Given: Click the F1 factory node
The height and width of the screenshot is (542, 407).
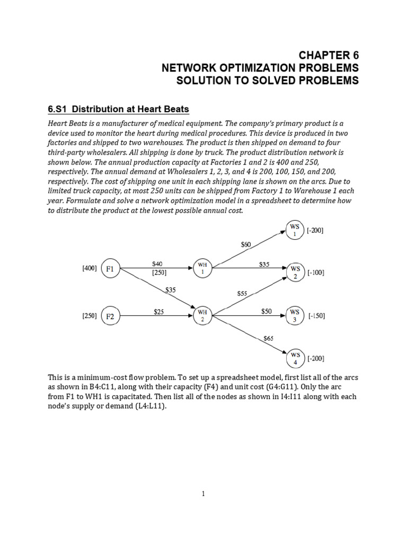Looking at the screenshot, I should tap(110, 268).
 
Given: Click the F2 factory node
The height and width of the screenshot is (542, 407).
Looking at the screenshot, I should tap(110, 316).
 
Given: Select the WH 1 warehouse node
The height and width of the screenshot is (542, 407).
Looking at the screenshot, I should tap(202, 268).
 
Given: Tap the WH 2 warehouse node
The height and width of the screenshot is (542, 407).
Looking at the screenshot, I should tap(202, 316).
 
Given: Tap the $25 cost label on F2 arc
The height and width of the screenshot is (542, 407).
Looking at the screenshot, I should tap(160, 312).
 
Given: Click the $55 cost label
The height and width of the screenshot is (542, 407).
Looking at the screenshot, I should tap(242, 292).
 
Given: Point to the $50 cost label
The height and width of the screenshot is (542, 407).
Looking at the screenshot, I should tap(266, 312).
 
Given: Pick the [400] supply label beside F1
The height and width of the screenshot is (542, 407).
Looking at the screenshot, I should tap(89, 268).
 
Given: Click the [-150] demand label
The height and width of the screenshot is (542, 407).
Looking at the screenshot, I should tap(316, 316).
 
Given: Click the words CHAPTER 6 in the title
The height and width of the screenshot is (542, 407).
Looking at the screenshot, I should tap(329, 56).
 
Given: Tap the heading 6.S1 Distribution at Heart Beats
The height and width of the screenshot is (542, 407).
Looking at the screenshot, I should tap(118, 110).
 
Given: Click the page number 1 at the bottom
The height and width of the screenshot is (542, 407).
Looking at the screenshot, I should tap(203, 494).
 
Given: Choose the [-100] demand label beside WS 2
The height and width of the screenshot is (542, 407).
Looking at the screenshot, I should tap(316, 273).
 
